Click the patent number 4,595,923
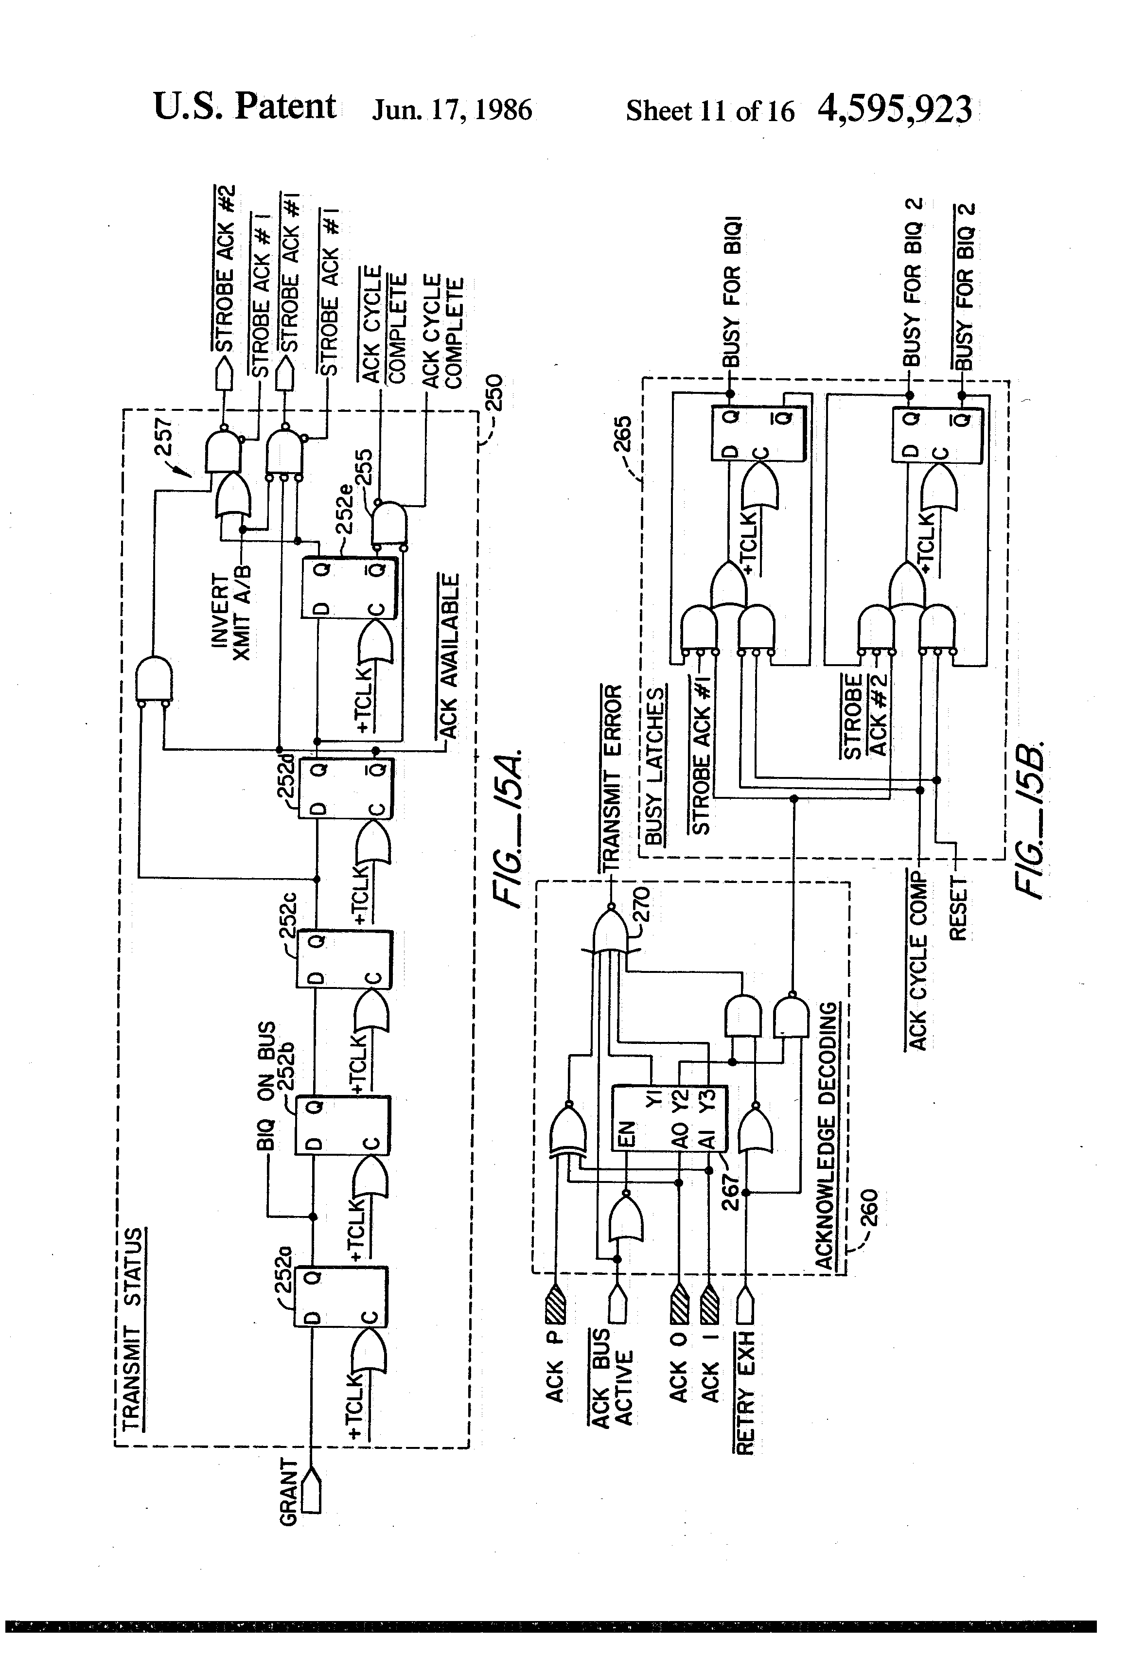pos(895,110)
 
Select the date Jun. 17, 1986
pos(452,110)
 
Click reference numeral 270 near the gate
pos(640,903)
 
